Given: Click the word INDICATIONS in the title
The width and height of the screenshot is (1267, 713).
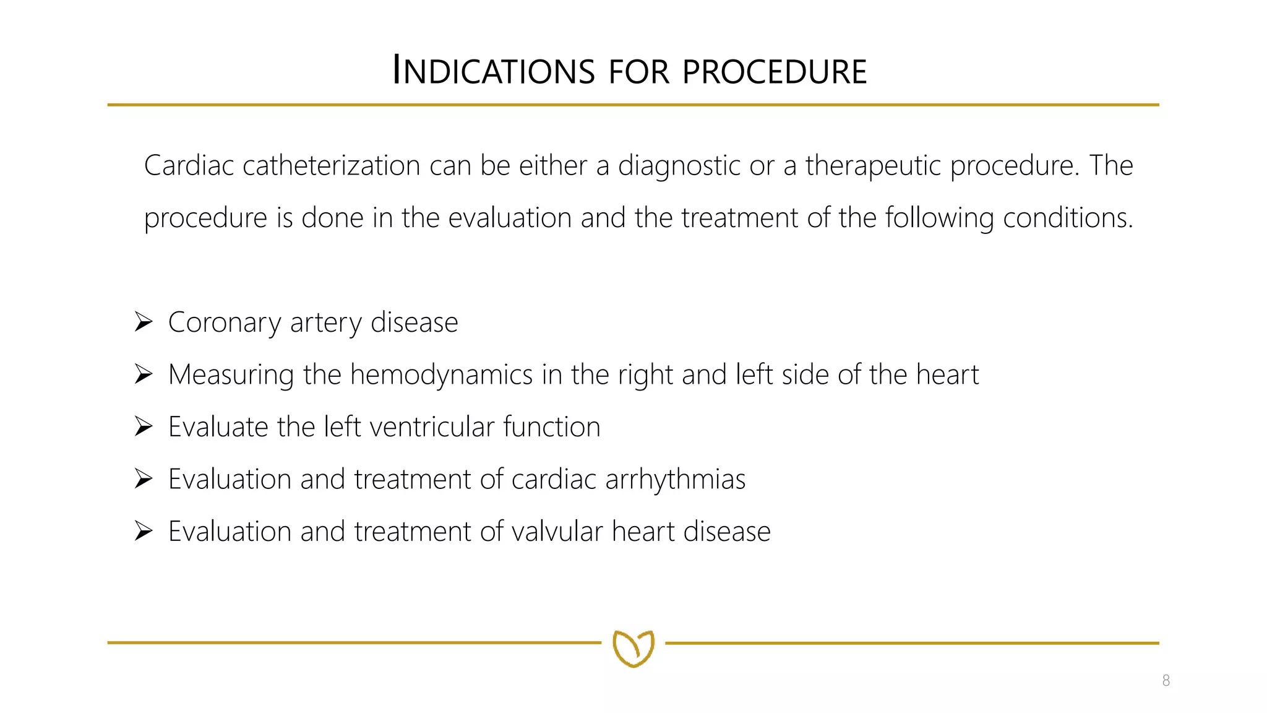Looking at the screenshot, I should (x=494, y=71).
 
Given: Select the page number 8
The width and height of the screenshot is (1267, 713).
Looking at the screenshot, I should (x=1166, y=681).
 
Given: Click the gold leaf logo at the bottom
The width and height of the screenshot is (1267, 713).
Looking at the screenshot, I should (x=633, y=648).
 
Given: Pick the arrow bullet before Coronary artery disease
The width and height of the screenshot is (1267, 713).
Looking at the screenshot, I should (x=144, y=322).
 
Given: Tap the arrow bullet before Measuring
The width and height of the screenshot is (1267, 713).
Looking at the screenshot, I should (x=144, y=374).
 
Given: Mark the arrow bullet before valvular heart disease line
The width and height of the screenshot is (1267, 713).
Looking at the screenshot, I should (x=144, y=531).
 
